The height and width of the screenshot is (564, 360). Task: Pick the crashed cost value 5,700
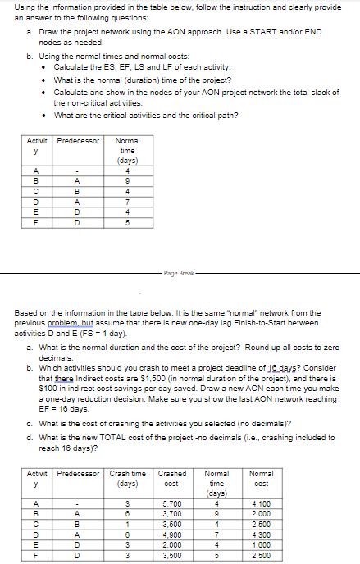pos(172,503)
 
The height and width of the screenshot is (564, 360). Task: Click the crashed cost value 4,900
pos(172,534)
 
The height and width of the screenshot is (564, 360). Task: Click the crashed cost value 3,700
pos(172,513)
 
